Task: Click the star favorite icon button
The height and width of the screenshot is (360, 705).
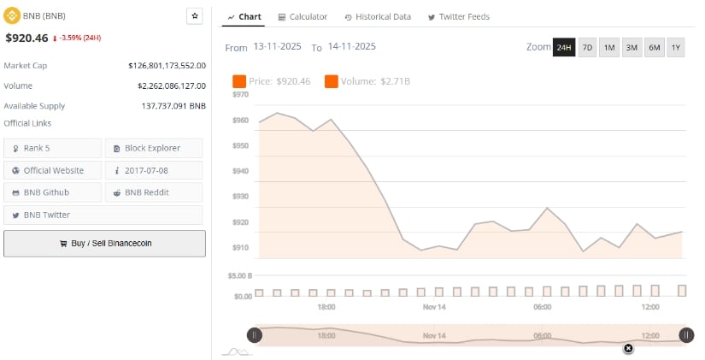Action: [195, 16]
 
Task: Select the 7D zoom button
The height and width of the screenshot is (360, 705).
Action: [587, 47]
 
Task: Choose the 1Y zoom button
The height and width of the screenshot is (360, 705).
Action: [676, 47]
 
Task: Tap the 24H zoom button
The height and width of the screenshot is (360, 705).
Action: [564, 47]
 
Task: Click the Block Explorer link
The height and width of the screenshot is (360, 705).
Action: [153, 148]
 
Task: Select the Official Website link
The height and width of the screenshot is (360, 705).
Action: [53, 170]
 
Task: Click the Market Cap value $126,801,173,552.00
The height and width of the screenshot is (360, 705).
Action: [167, 65]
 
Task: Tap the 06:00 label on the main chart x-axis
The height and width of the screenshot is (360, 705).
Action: [542, 306]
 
